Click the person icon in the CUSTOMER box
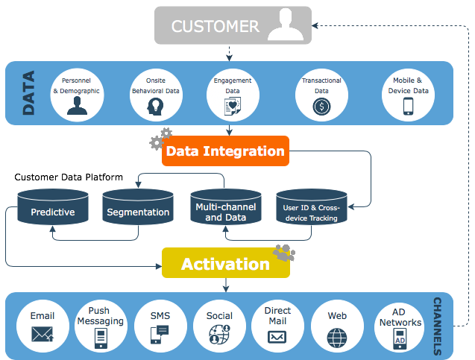(286, 26)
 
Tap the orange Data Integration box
(224, 151)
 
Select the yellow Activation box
(225, 264)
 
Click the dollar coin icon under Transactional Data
(321, 106)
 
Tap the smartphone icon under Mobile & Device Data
(408, 106)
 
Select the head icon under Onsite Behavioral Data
(155, 106)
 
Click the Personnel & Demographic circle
(76, 93)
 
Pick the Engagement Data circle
(233, 93)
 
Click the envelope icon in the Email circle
(43, 335)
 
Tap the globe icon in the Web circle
(337, 336)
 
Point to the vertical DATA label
(28, 94)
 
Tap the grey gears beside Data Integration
(160, 139)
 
